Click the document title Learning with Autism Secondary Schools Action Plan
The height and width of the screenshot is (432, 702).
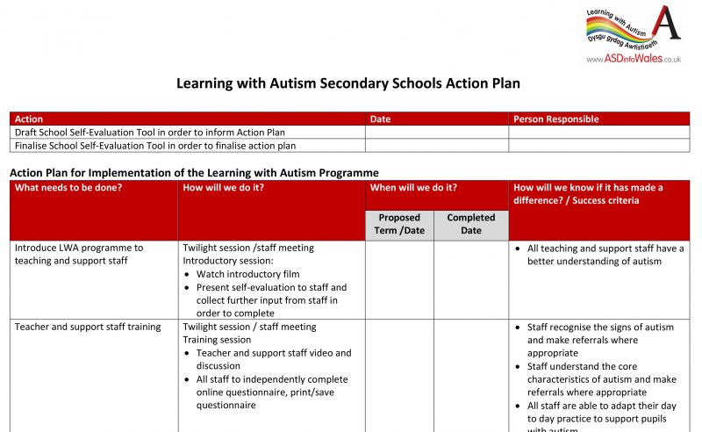click(348, 83)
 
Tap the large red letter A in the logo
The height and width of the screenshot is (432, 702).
click(668, 24)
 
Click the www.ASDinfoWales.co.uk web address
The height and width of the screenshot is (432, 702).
click(634, 59)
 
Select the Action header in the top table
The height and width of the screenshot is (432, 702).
click(29, 119)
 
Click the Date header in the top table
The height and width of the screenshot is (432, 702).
click(380, 119)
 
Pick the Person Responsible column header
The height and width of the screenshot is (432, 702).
click(555, 119)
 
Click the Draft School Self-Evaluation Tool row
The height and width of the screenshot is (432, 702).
click(150, 133)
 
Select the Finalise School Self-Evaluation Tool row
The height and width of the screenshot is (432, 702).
click(155, 146)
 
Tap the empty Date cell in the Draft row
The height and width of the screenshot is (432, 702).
click(436, 133)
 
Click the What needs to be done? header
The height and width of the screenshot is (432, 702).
click(68, 188)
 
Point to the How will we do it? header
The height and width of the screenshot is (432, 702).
click(223, 188)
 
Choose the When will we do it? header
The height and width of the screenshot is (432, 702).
click(413, 188)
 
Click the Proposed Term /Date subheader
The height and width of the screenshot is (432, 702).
click(399, 224)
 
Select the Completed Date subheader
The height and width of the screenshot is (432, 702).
click(470, 224)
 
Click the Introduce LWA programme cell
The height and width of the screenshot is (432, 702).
click(79, 255)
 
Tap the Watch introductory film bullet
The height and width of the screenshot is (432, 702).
click(247, 274)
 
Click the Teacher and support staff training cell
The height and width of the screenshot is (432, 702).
click(88, 328)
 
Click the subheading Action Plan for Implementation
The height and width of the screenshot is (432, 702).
click(194, 173)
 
